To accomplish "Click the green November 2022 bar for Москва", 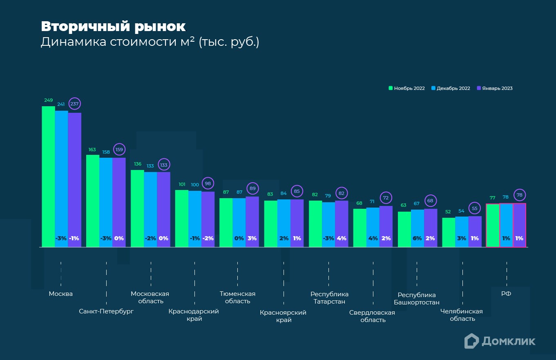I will point(48,176).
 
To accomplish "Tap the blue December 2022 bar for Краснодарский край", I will point(195,217).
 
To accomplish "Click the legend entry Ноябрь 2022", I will point(406,88).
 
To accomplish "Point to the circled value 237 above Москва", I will point(74,104).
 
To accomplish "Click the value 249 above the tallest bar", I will point(48,100).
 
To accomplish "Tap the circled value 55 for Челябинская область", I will point(475,208).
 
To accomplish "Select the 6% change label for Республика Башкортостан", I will point(417,238).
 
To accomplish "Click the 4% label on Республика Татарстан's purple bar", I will point(342,238).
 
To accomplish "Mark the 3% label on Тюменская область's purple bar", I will point(252,238).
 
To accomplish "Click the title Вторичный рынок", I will point(113,27).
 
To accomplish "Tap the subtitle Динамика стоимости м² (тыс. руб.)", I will point(150,42).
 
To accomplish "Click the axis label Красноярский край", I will point(283,316).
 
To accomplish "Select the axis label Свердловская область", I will point(372,316).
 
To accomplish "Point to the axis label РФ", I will point(506,293).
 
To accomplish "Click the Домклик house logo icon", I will point(471,341).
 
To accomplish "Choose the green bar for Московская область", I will point(137,208).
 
